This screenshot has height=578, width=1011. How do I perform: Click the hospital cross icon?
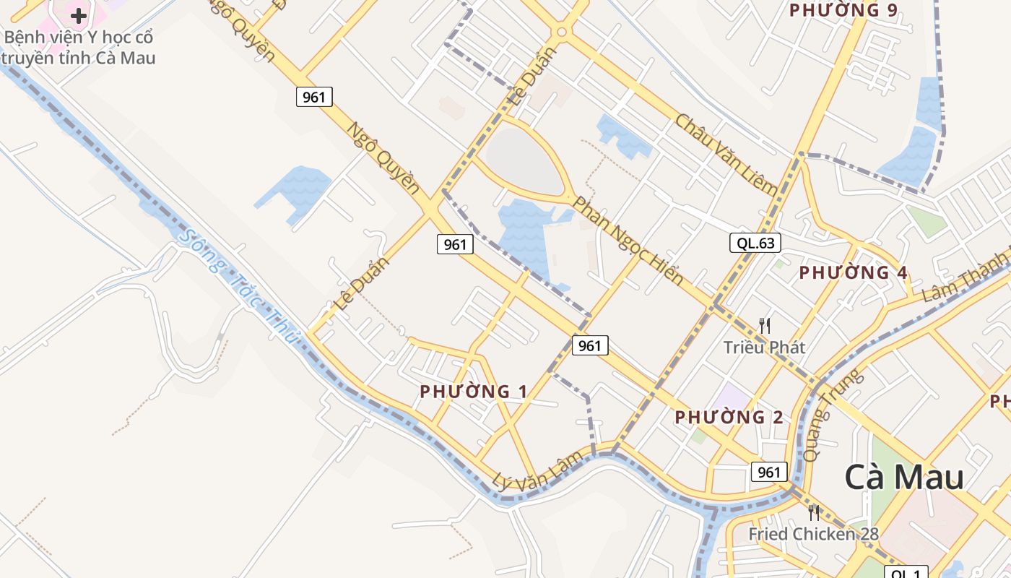coord(79,15)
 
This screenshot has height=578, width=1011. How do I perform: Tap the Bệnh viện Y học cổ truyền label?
coord(79,47)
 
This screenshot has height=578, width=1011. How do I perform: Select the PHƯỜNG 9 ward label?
coord(843,10)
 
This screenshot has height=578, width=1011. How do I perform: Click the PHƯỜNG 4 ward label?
coord(853,273)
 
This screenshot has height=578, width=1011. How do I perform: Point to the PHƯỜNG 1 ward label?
coord(473,392)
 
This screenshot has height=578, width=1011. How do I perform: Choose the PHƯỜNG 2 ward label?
coord(729,418)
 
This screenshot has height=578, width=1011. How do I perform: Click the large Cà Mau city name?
coord(904,478)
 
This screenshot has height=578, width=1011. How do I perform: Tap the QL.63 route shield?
coord(755,243)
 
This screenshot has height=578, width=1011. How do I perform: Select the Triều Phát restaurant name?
coord(764,348)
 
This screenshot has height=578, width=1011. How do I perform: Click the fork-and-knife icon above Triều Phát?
coord(765,326)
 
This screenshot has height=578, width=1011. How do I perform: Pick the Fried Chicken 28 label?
coord(813,534)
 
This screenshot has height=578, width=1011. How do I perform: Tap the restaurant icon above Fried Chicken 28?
coord(814,513)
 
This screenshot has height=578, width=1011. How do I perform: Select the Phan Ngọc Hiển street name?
coord(627,240)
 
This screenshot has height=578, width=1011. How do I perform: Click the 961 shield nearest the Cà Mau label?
coord(768,472)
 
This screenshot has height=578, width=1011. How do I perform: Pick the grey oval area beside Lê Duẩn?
coord(524,161)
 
